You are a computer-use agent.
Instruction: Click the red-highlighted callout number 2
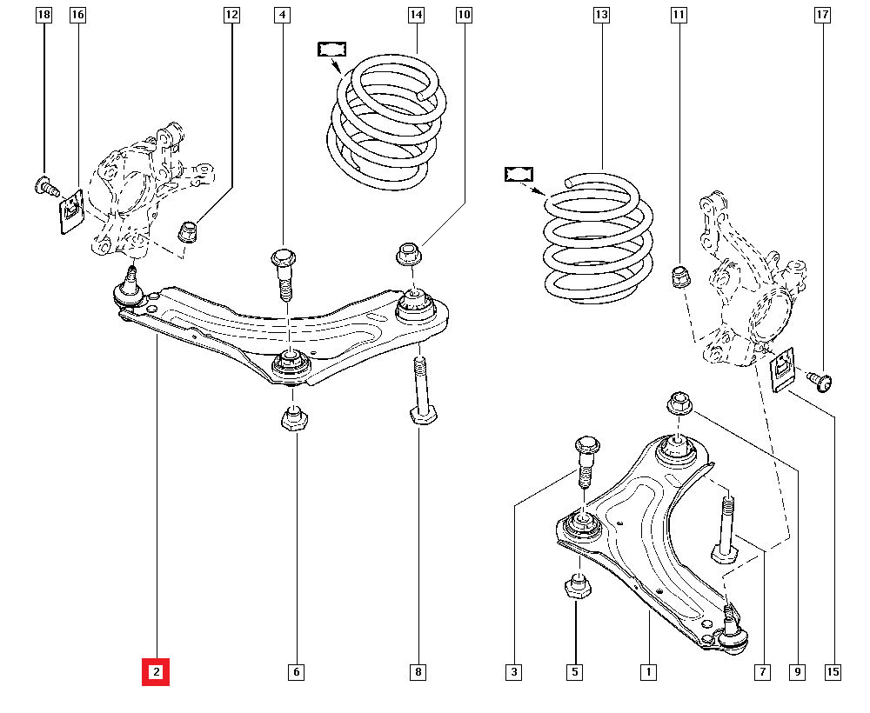point(157,672)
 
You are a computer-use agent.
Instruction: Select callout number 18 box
point(43,15)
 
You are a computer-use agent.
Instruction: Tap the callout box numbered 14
point(416,15)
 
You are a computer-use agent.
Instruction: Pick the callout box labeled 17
point(822,15)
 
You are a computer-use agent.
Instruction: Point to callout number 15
point(833,672)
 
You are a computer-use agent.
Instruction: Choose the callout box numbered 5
point(575,672)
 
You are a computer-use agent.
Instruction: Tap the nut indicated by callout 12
point(189,232)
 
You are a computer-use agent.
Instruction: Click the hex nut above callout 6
point(296,420)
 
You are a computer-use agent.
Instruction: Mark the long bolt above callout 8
point(419,390)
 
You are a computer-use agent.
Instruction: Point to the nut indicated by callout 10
point(408,255)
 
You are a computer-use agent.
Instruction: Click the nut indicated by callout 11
point(680,277)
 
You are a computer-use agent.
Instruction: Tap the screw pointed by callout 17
point(819,379)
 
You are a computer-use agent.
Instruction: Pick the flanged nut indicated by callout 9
point(679,403)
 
